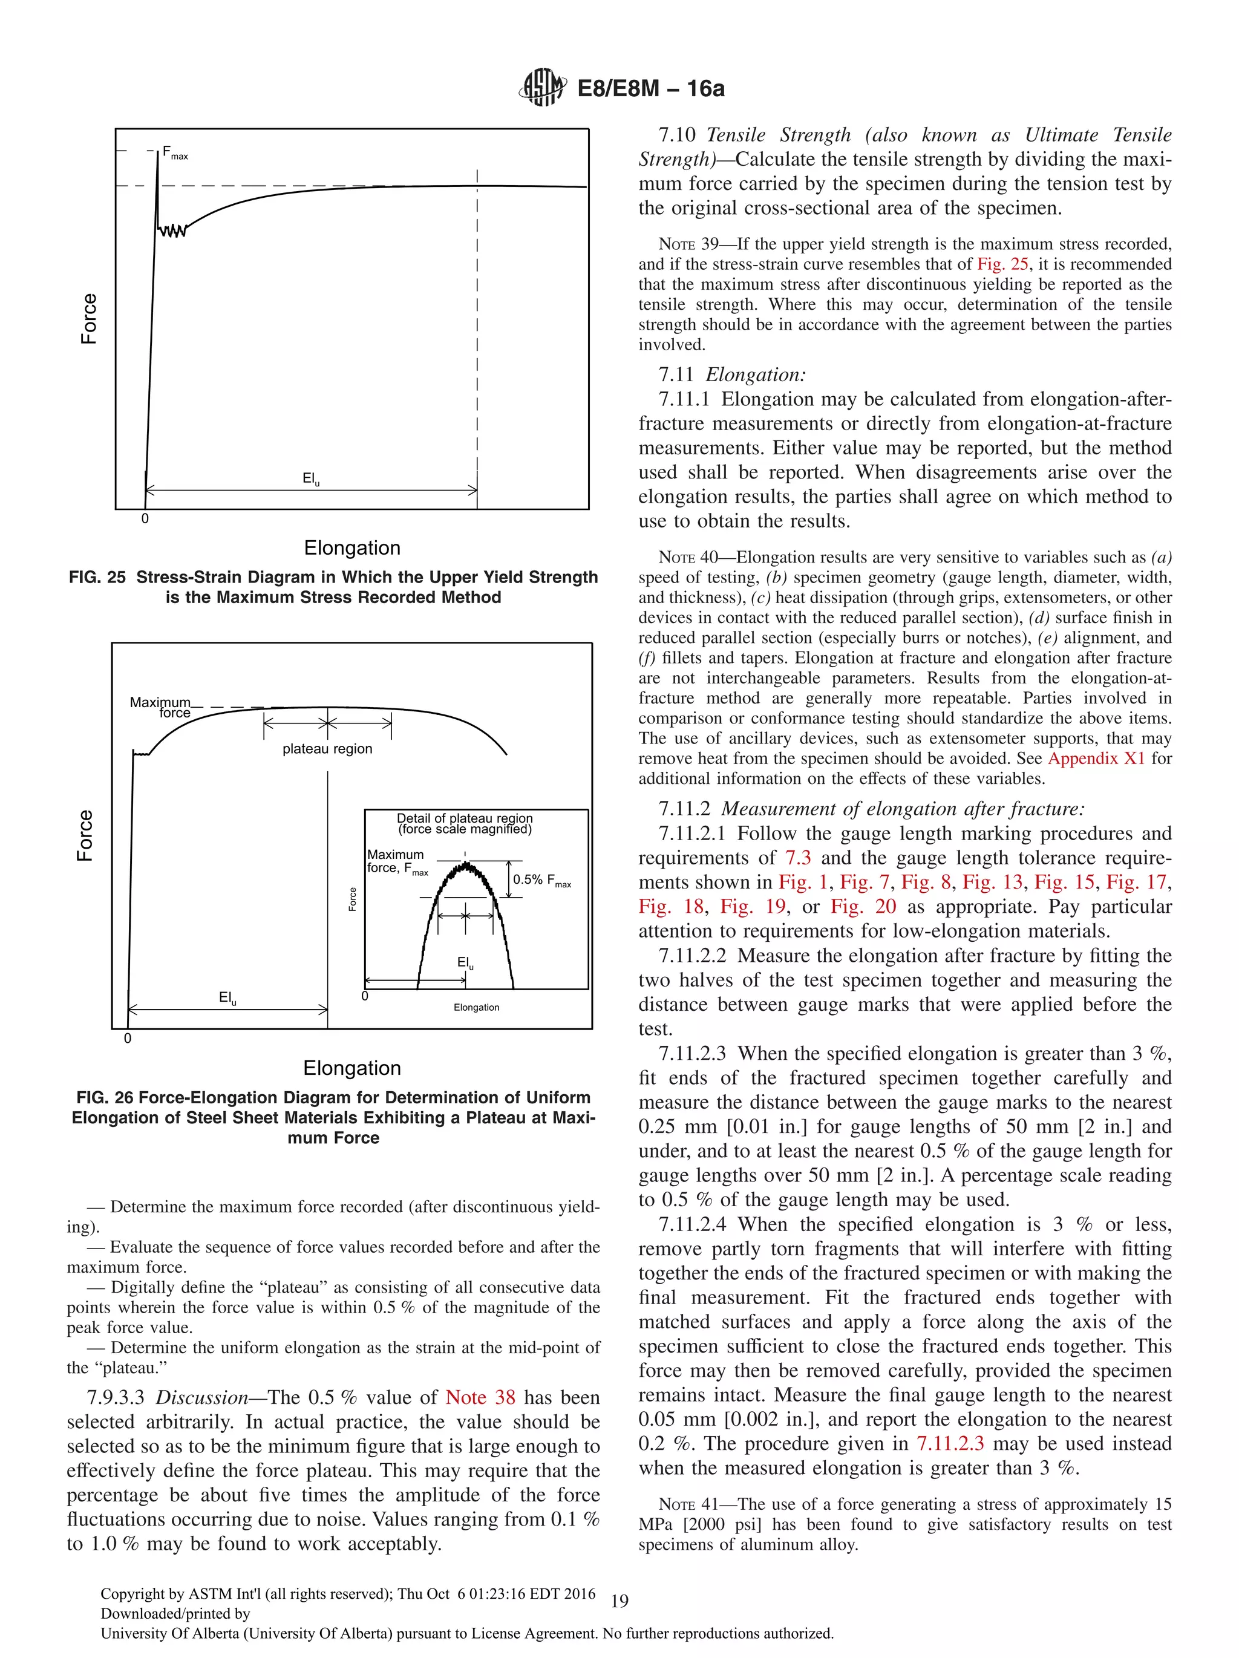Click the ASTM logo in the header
[x=542, y=88]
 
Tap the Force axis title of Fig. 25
[x=88, y=319]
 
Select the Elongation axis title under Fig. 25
[x=351, y=547]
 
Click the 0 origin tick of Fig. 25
[x=145, y=518]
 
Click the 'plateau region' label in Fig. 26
[x=327, y=748]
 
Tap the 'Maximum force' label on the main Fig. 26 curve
[x=160, y=707]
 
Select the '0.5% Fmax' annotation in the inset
[x=541, y=880]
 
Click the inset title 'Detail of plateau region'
[x=464, y=818]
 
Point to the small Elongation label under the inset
[x=476, y=1007]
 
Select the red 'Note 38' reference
[x=480, y=1397]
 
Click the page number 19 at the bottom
[x=619, y=1601]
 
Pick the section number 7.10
[x=677, y=135]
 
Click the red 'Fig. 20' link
[x=863, y=906]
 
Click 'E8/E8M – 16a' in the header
[x=650, y=88]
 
